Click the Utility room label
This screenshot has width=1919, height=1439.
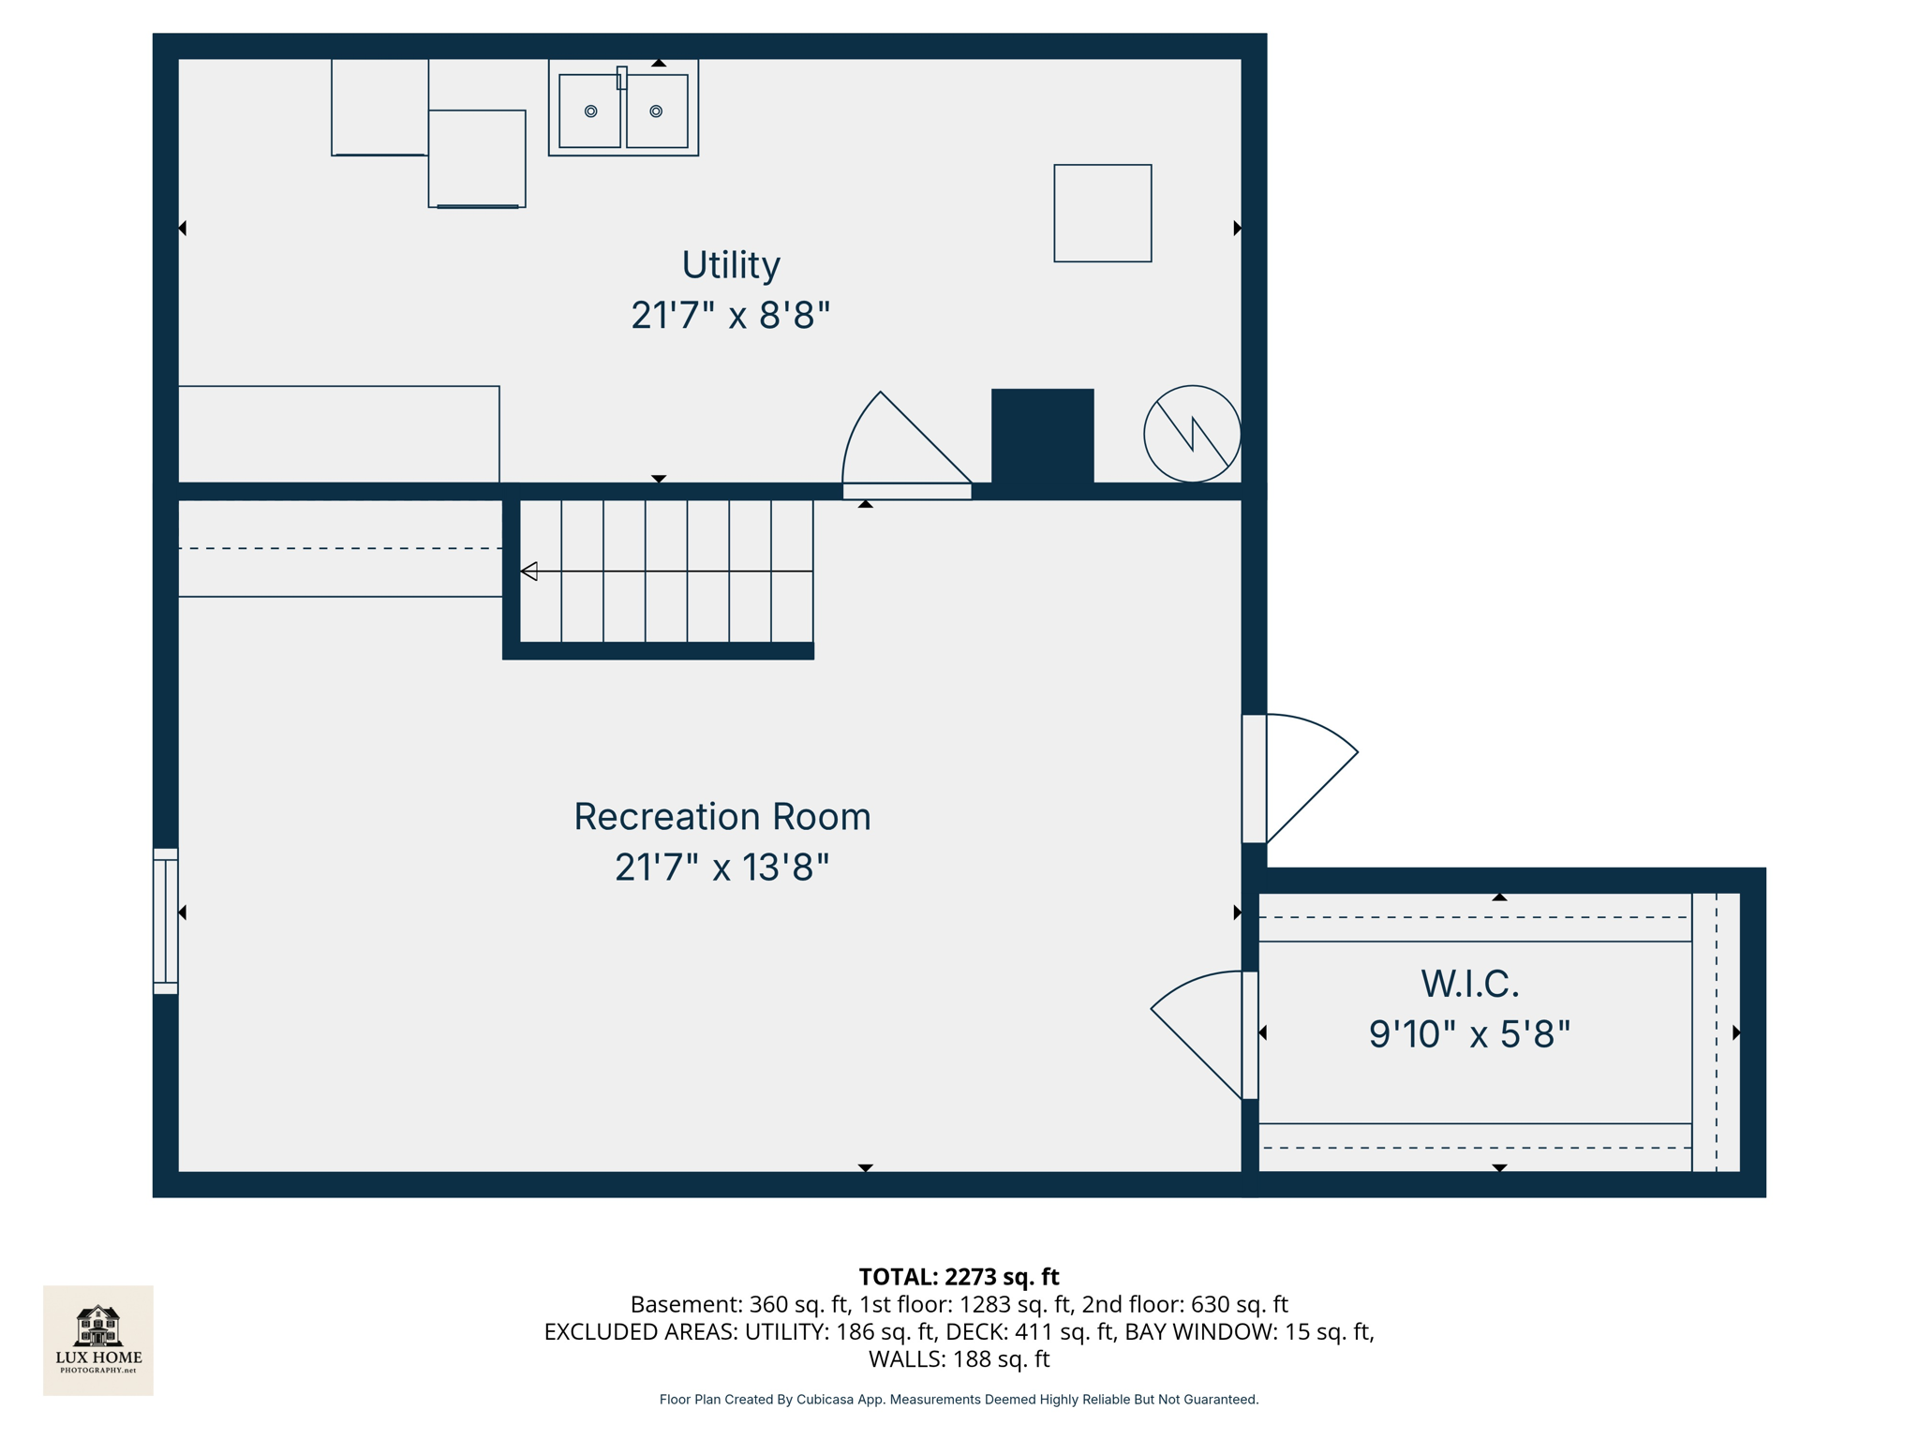pyautogui.click(x=730, y=265)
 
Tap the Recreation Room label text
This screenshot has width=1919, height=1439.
pyautogui.click(x=721, y=817)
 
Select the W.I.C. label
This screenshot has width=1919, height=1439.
pyautogui.click(x=1469, y=984)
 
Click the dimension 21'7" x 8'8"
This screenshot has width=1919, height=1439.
pyautogui.click(x=730, y=316)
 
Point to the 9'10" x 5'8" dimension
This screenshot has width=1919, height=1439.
pyautogui.click(x=1469, y=1034)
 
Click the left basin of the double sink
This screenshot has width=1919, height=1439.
pyautogui.click(x=589, y=111)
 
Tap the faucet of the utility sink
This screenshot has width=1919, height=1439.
pyautogui.click(x=621, y=78)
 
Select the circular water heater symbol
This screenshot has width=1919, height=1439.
pyautogui.click(x=1192, y=434)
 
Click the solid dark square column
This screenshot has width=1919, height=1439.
pyautogui.click(x=1042, y=436)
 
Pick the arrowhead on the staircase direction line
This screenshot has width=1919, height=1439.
pyautogui.click(x=529, y=571)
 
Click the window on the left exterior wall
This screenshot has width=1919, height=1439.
pyautogui.click(x=166, y=921)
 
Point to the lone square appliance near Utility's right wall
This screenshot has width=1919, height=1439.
pyautogui.click(x=1102, y=214)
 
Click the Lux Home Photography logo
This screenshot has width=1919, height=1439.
pyautogui.click(x=98, y=1340)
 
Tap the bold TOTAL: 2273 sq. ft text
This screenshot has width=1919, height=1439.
pyautogui.click(x=959, y=1277)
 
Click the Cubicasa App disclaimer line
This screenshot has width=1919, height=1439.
pyautogui.click(x=959, y=1400)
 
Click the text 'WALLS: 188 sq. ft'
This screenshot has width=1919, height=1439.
pyautogui.click(x=959, y=1359)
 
